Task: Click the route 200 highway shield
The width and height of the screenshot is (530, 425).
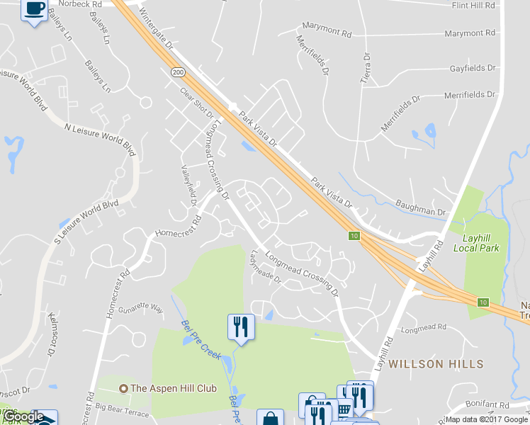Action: point(177,72)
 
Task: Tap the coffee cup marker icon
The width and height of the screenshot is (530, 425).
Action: point(35,9)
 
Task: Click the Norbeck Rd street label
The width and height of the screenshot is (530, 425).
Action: point(80,4)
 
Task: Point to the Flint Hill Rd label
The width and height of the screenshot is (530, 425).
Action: point(476,6)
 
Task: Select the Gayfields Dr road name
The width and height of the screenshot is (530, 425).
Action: point(472,68)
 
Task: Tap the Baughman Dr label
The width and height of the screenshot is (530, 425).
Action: point(421,212)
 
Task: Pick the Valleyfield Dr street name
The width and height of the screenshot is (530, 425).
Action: point(188,186)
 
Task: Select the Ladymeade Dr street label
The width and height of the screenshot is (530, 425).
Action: point(266,267)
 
